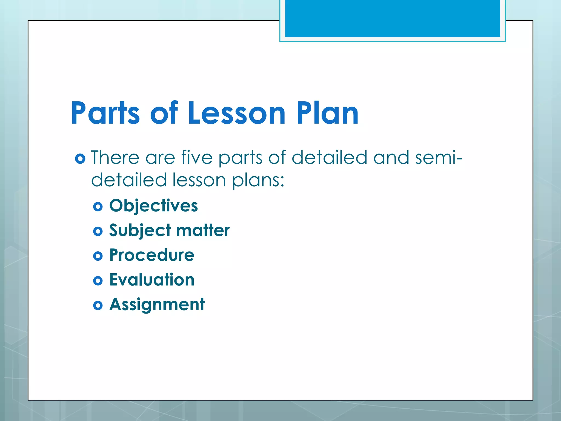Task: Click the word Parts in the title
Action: (x=105, y=113)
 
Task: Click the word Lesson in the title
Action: (x=237, y=113)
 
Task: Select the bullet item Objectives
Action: (x=153, y=206)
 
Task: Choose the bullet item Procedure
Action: (x=152, y=255)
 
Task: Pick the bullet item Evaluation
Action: (x=152, y=280)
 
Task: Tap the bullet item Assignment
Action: (x=157, y=305)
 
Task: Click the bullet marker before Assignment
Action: (x=98, y=305)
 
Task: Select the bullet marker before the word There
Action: (x=80, y=159)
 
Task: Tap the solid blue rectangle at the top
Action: (x=392, y=18)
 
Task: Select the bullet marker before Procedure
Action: (x=98, y=256)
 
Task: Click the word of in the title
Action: (x=164, y=113)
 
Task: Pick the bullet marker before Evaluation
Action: (x=98, y=281)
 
